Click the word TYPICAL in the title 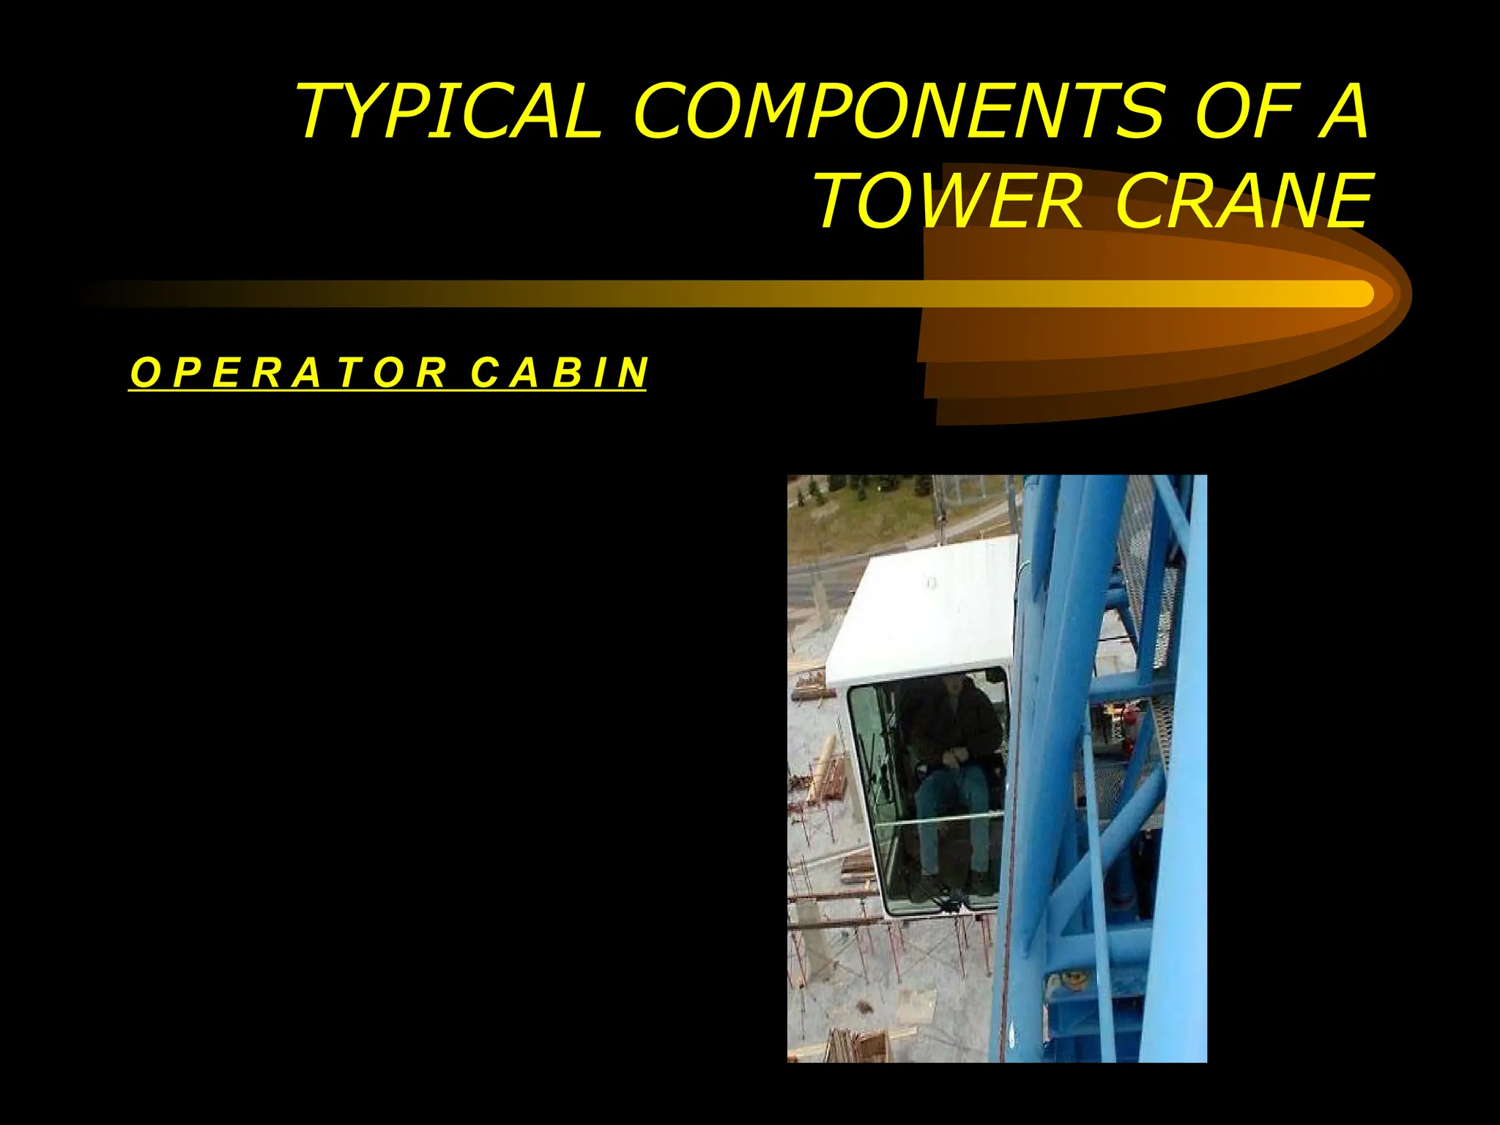pyautogui.click(x=448, y=111)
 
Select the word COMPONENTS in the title pyautogui.click(x=897, y=111)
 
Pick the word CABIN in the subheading pyautogui.click(x=559, y=373)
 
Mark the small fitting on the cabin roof pyautogui.click(x=932, y=582)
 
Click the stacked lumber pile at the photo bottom pyautogui.click(x=857, y=1044)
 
